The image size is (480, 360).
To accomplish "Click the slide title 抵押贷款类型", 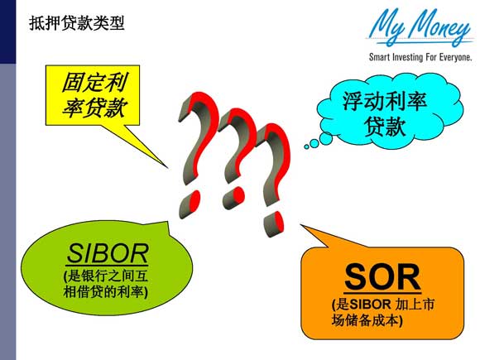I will coord(76,24).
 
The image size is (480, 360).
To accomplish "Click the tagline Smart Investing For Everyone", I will coord(420,58).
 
